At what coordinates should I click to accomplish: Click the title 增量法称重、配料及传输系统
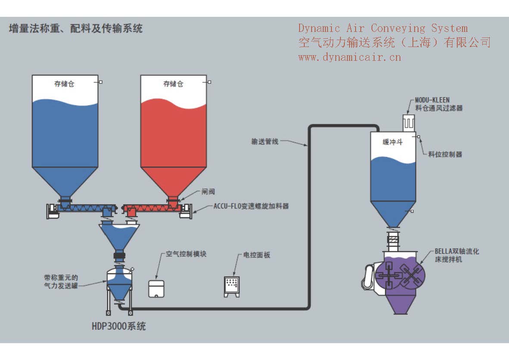pyautogui.click(x=75, y=29)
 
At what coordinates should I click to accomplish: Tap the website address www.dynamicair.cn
pyautogui.click(x=349, y=56)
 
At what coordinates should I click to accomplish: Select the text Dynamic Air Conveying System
pyautogui.click(x=383, y=28)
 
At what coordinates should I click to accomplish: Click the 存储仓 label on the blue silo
pyautogui.click(x=64, y=84)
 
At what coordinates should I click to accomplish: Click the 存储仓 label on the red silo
pyautogui.click(x=173, y=84)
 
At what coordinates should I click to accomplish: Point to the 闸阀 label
pyautogui.click(x=208, y=192)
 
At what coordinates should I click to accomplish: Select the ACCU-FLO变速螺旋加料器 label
pyautogui.click(x=251, y=206)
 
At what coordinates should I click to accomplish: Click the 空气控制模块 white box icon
pyautogui.click(x=156, y=288)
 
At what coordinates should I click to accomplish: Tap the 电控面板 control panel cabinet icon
pyautogui.click(x=232, y=286)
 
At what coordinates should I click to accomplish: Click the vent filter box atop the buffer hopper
pyautogui.click(x=409, y=122)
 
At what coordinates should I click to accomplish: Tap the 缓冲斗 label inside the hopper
pyautogui.click(x=392, y=142)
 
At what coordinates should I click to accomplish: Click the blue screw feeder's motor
pyautogui.click(x=52, y=211)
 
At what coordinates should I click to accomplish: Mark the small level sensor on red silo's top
pyautogui.click(x=209, y=81)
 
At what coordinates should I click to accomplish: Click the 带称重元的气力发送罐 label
pyautogui.click(x=61, y=282)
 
